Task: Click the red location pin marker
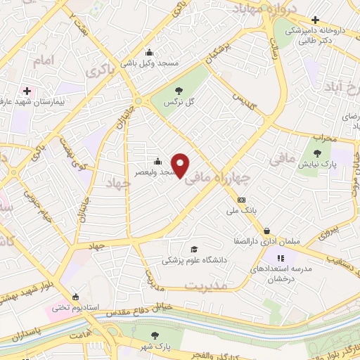pos(181,165)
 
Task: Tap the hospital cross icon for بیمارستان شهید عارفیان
pos(27,91)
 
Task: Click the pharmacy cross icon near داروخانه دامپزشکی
pos(316,20)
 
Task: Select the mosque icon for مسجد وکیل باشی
pos(148,52)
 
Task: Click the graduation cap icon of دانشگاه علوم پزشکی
pos(193,248)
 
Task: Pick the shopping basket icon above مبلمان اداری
pos(267,230)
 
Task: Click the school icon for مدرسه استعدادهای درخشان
pos(281,258)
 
